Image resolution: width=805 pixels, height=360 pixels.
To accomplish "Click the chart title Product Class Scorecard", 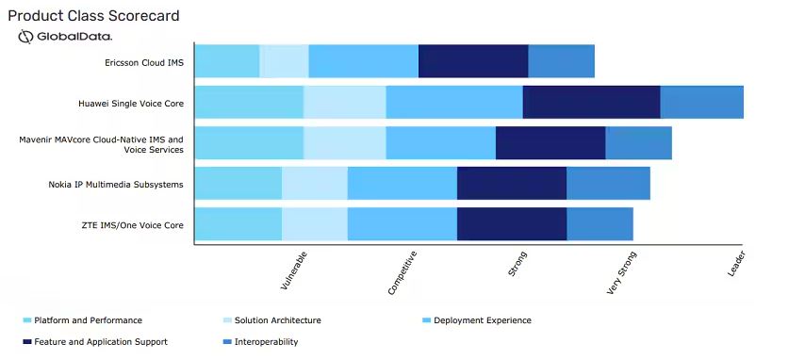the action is point(93,16).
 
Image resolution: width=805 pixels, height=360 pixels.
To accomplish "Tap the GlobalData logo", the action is point(65,37).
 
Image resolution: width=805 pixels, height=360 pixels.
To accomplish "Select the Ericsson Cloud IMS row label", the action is point(143,62).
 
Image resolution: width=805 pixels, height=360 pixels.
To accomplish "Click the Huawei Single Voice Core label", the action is point(131,104).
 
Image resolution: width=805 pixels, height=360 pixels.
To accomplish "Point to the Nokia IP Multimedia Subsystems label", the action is point(116,184).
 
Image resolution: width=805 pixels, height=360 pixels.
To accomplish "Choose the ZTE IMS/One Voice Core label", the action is point(133,225).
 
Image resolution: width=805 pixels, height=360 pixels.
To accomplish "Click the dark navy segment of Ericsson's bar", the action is point(473,61).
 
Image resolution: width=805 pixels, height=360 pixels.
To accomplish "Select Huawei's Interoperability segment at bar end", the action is point(702,102).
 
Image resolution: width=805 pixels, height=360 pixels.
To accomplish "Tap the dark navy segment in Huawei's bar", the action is point(591,102).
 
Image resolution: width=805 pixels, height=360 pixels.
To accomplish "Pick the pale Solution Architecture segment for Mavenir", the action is point(344,142).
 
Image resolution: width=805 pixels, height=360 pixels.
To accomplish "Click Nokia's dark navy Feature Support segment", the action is point(512,183).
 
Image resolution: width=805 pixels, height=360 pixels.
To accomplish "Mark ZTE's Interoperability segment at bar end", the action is point(600,224).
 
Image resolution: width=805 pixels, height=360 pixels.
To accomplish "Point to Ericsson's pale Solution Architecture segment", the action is point(284,61).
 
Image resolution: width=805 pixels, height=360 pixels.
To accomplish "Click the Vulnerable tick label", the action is point(294,270).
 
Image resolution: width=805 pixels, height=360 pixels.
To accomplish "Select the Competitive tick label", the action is point(402,272).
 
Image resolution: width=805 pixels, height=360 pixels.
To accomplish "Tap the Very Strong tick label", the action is point(622,272).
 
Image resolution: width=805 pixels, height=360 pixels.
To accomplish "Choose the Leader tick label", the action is point(736,264).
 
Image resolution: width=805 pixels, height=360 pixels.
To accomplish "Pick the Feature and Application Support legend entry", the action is point(95,341).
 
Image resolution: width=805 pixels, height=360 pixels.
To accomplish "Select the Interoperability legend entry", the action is point(261,341).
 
